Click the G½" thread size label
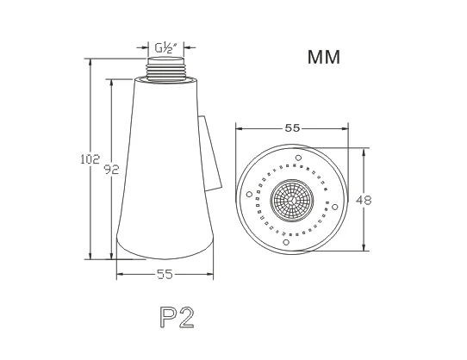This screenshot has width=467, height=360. pos(166,47)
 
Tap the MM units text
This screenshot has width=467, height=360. pos(324,57)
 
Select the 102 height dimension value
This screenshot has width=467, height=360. pos(90,159)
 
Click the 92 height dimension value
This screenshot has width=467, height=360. pos(111,169)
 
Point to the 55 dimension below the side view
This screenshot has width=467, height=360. pos(165,274)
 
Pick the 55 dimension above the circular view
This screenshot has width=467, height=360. pos(292,128)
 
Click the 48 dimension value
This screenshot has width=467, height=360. pos(364,200)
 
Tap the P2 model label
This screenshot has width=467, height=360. pos(177,318)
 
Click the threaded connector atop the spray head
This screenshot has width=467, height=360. pos(166,69)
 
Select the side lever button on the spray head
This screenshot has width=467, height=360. pos(210,153)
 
